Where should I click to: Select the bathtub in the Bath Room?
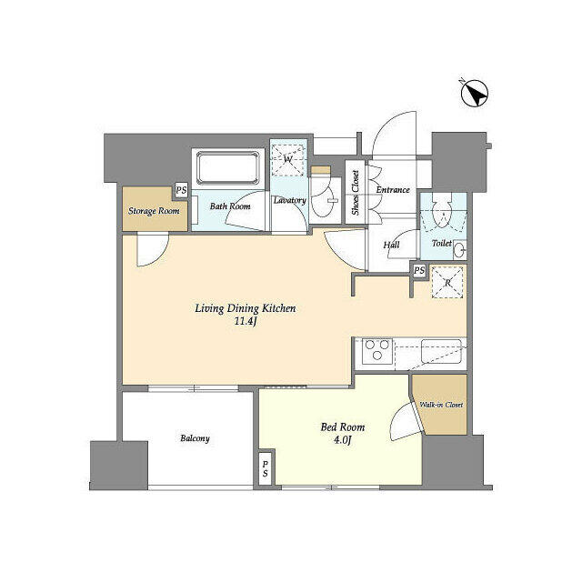pyautogui.click(x=227, y=169)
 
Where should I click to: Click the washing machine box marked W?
pyautogui.click(x=289, y=158)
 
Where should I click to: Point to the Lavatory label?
pyautogui.click(x=289, y=200)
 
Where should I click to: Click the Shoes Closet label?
pyautogui.click(x=356, y=194)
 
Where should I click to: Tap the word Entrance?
pyautogui.click(x=392, y=190)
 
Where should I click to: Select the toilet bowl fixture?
pyautogui.click(x=442, y=213)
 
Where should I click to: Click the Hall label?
pyautogui.click(x=391, y=245)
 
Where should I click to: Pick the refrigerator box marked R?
pyautogui.click(x=447, y=281)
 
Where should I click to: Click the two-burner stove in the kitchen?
pyautogui.click(x=377, y=350)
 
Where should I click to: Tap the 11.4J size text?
pyautogui.click(x=246, y=321)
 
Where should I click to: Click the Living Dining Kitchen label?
pyautogui.click(x=246, y=307)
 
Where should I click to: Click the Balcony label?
pyautogui.click(x=195, y=438)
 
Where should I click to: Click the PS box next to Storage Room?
pyautogui.click(x=182, y=191)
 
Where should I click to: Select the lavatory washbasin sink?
pyautogui.click(x=324, y=206)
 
